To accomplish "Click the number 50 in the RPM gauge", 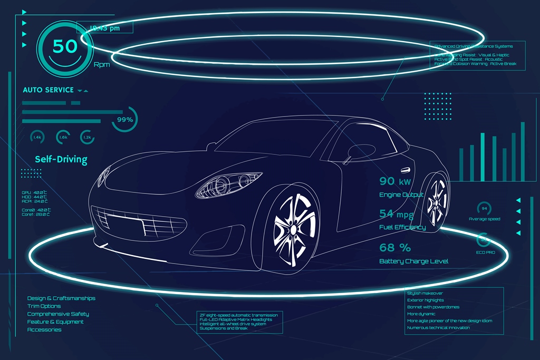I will tap(65, 46).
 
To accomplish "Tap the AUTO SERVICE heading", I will tap(48, 90).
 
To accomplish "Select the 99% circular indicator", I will tap(125, 120).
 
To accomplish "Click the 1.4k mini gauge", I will tap(37, 137).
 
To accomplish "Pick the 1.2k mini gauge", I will tap(88, 137).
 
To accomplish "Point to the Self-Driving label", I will tap(61, 159).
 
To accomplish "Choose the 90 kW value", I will tap(395, 182).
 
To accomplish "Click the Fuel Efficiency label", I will tap(402, 227).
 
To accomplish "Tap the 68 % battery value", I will tap(395, 247).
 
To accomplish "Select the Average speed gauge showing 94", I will tap(484, 208).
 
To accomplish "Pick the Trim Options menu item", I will tap(44, 306).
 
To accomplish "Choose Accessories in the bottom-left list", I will tap(44, 330).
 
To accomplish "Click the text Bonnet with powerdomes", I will tap(433, 307).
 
